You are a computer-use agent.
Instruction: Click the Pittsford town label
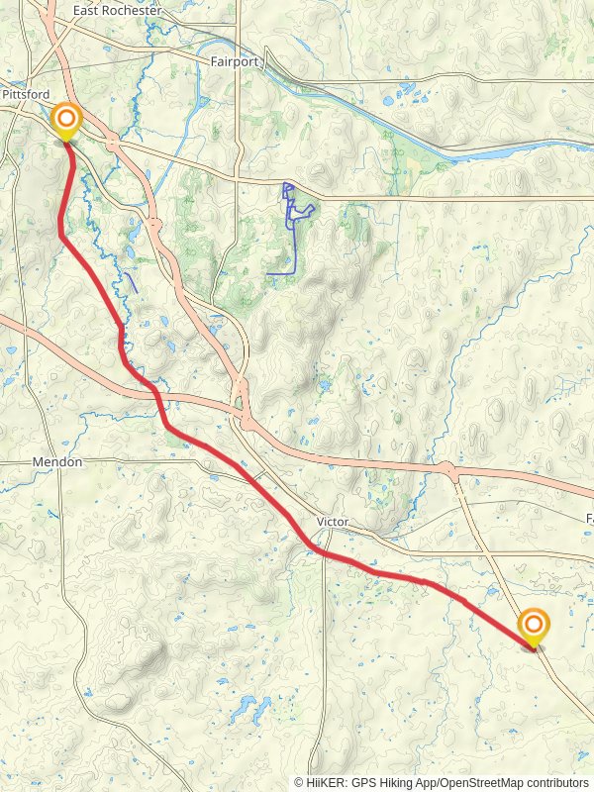point(26,93)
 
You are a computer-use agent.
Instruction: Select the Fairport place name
point(235,60)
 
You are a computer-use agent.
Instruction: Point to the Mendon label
point(57,462)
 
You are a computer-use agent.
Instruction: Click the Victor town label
point(334,521)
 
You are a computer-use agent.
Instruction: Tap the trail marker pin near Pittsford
point(66,123)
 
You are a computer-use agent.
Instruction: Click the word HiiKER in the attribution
point(326,782)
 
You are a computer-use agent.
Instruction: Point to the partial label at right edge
point(589,519)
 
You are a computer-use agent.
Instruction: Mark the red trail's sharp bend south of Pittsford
point(61,236)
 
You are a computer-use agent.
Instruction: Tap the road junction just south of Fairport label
point(237,180)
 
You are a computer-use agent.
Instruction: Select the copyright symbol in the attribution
point(299,782)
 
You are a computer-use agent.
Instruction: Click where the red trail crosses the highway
point(156,395)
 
